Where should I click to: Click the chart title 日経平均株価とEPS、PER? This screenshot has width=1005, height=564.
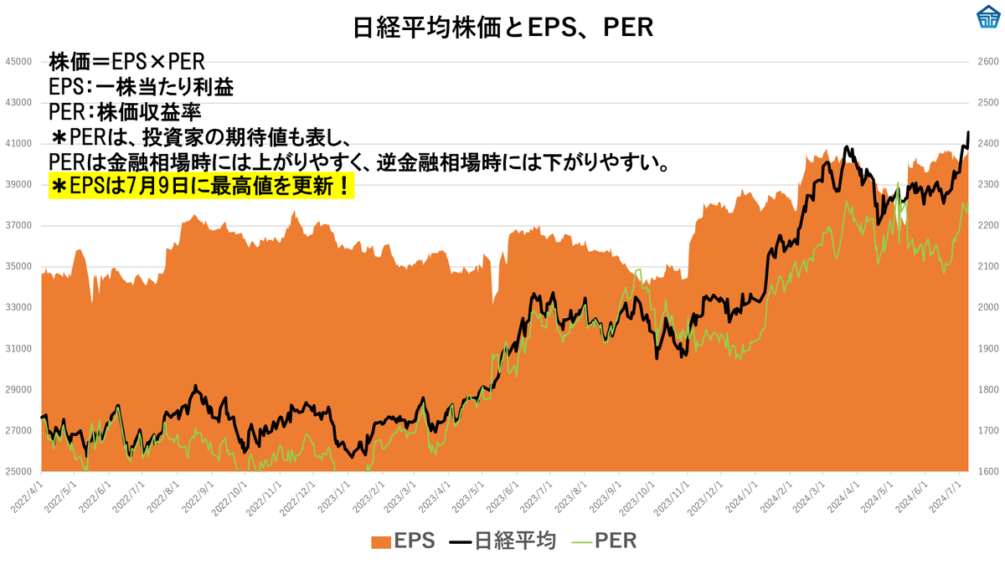coord(502,28)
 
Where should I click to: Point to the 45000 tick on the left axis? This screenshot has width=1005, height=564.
coord(18,62)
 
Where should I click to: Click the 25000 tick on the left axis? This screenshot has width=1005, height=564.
coord(18,471)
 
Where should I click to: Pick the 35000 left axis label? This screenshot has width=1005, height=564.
coord(18,266)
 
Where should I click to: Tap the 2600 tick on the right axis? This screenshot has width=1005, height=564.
coord(987,62)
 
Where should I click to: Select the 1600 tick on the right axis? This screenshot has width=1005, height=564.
coord(987,471)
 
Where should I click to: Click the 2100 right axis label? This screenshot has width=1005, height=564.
coord(987,266)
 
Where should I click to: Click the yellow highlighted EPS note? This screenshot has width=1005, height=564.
coord(202,186)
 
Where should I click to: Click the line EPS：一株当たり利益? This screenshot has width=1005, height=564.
coord(141,87)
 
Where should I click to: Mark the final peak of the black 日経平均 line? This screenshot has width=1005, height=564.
coord(968,132)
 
